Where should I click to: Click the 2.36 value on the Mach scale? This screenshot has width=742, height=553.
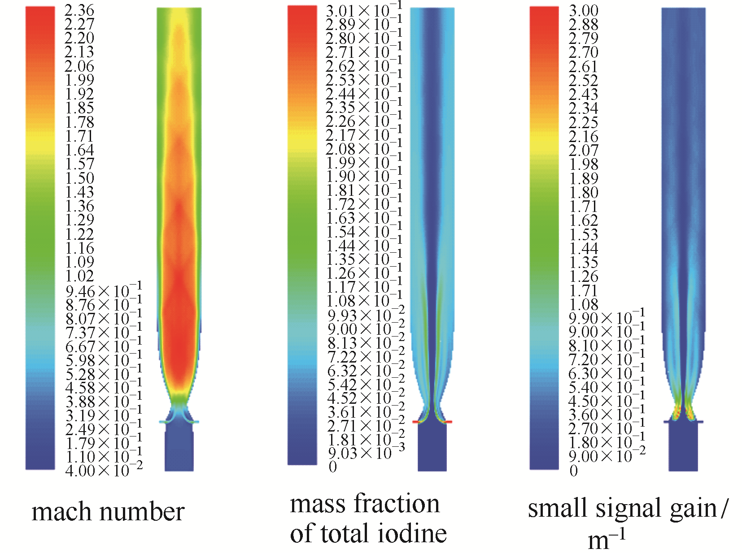click(79, 10)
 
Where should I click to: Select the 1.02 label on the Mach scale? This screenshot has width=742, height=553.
click(79, 276)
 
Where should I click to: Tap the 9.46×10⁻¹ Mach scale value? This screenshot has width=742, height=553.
click(104, 291)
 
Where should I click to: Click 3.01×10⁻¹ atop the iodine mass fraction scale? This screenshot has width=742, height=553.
click(364, 11)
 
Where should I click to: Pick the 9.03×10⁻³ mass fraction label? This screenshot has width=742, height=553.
click(366, 453)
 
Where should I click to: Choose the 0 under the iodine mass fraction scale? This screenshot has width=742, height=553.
click(332, 467)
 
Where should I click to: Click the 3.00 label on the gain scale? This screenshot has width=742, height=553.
click(583, 11)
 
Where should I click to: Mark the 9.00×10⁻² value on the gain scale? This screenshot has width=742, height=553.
click(607, 456)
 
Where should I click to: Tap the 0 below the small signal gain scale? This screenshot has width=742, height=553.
click(573, 471)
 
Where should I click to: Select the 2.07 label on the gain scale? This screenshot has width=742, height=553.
click(583, 150)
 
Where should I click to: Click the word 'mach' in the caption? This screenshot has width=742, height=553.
click(59, 512)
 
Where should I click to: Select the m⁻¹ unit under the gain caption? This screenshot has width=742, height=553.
click(606, 539)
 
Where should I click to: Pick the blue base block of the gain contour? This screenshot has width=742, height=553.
click(683, 448)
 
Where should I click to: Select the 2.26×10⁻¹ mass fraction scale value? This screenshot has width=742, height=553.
click(364, 121)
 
